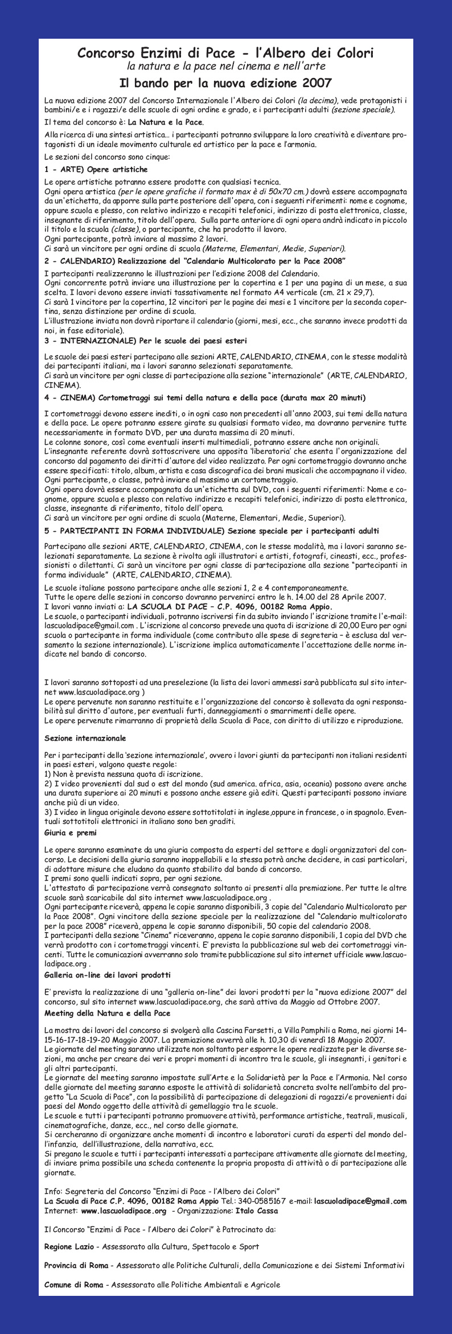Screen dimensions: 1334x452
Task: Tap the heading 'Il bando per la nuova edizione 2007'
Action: [x=225, y=83]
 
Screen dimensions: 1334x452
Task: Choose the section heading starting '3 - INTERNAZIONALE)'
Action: [x=145, y=341]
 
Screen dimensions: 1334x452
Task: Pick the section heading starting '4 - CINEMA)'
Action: [x=204, y=397]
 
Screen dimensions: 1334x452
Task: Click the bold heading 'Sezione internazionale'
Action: [x=85, y=738]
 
